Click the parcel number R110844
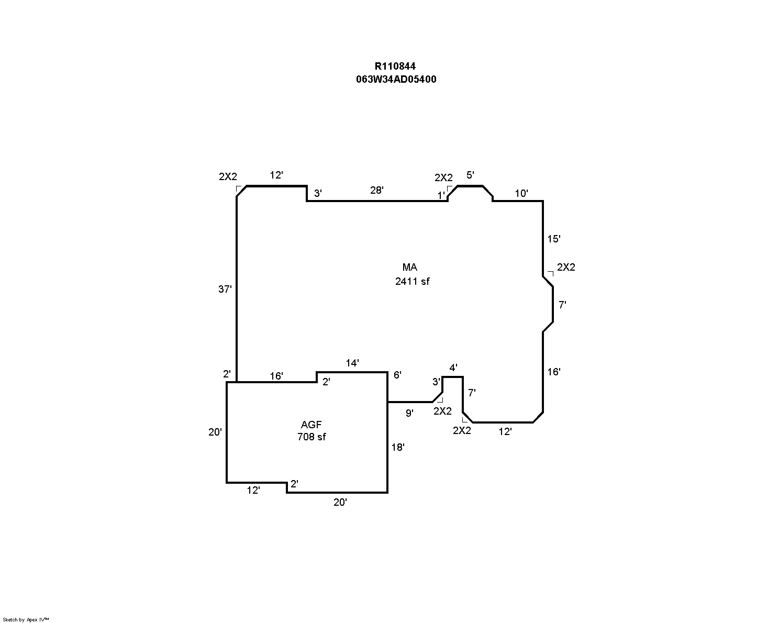tap(395, 66)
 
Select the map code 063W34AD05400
tap(396, 79)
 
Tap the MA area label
tap(410, 267)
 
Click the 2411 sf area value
tap(413, 281)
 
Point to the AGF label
tap(311, 424)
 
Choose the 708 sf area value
tap(311, 437)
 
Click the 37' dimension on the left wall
tap(225, 289)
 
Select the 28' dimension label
tap(376, 190)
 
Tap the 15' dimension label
tap(553, 239)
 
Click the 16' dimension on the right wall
tap(553, 372)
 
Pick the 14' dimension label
tap(352, 363)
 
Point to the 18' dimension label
tap(397, 448)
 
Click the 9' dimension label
tap(409, 413)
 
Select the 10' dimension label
tap(521, 193)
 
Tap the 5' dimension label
tap(470, 175)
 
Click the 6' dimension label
tap(397, 375)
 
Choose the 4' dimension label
tap(453, 368)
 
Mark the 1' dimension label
tap(441, 195)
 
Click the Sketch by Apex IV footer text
tap(26, 620)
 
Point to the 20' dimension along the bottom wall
tap(340, 502)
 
